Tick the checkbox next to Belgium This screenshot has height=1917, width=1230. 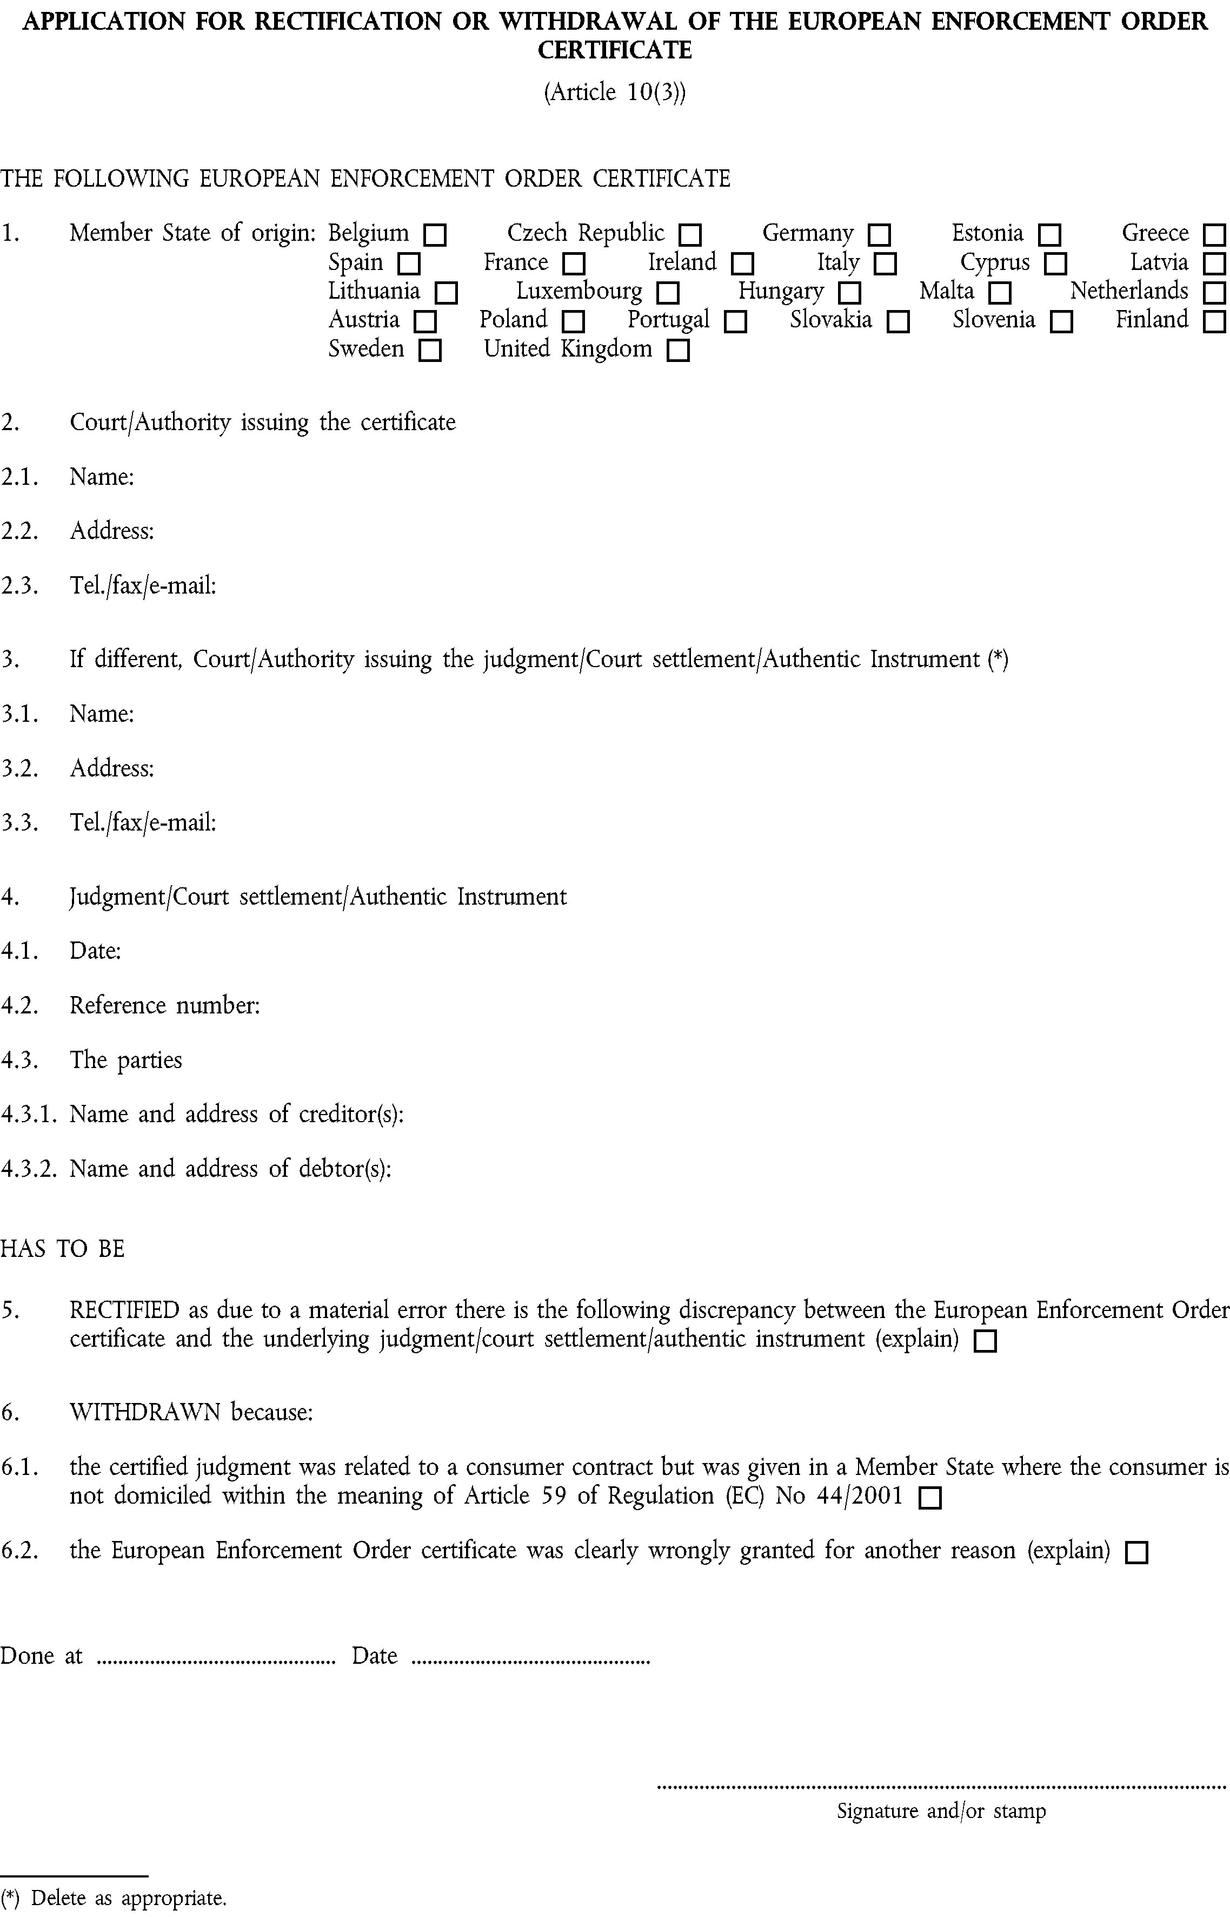435,235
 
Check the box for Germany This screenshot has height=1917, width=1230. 879,235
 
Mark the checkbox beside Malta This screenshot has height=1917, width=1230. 999,293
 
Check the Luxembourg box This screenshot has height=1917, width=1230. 667,293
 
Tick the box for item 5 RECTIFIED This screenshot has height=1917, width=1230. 986,1341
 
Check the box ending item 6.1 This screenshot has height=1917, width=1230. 930,1498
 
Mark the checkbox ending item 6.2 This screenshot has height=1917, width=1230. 1136,1553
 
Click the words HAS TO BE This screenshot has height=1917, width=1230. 62,1248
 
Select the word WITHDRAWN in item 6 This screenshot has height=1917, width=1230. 144,1412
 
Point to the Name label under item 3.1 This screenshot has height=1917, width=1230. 102,714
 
